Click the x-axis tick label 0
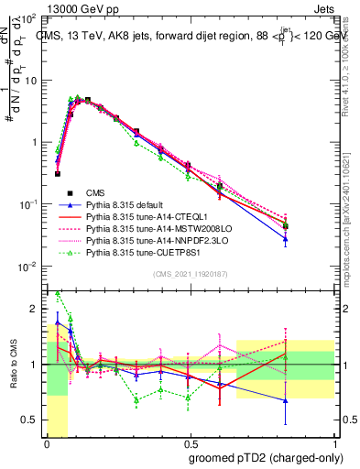pos(47,442)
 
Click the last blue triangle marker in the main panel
pos(311,239)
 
